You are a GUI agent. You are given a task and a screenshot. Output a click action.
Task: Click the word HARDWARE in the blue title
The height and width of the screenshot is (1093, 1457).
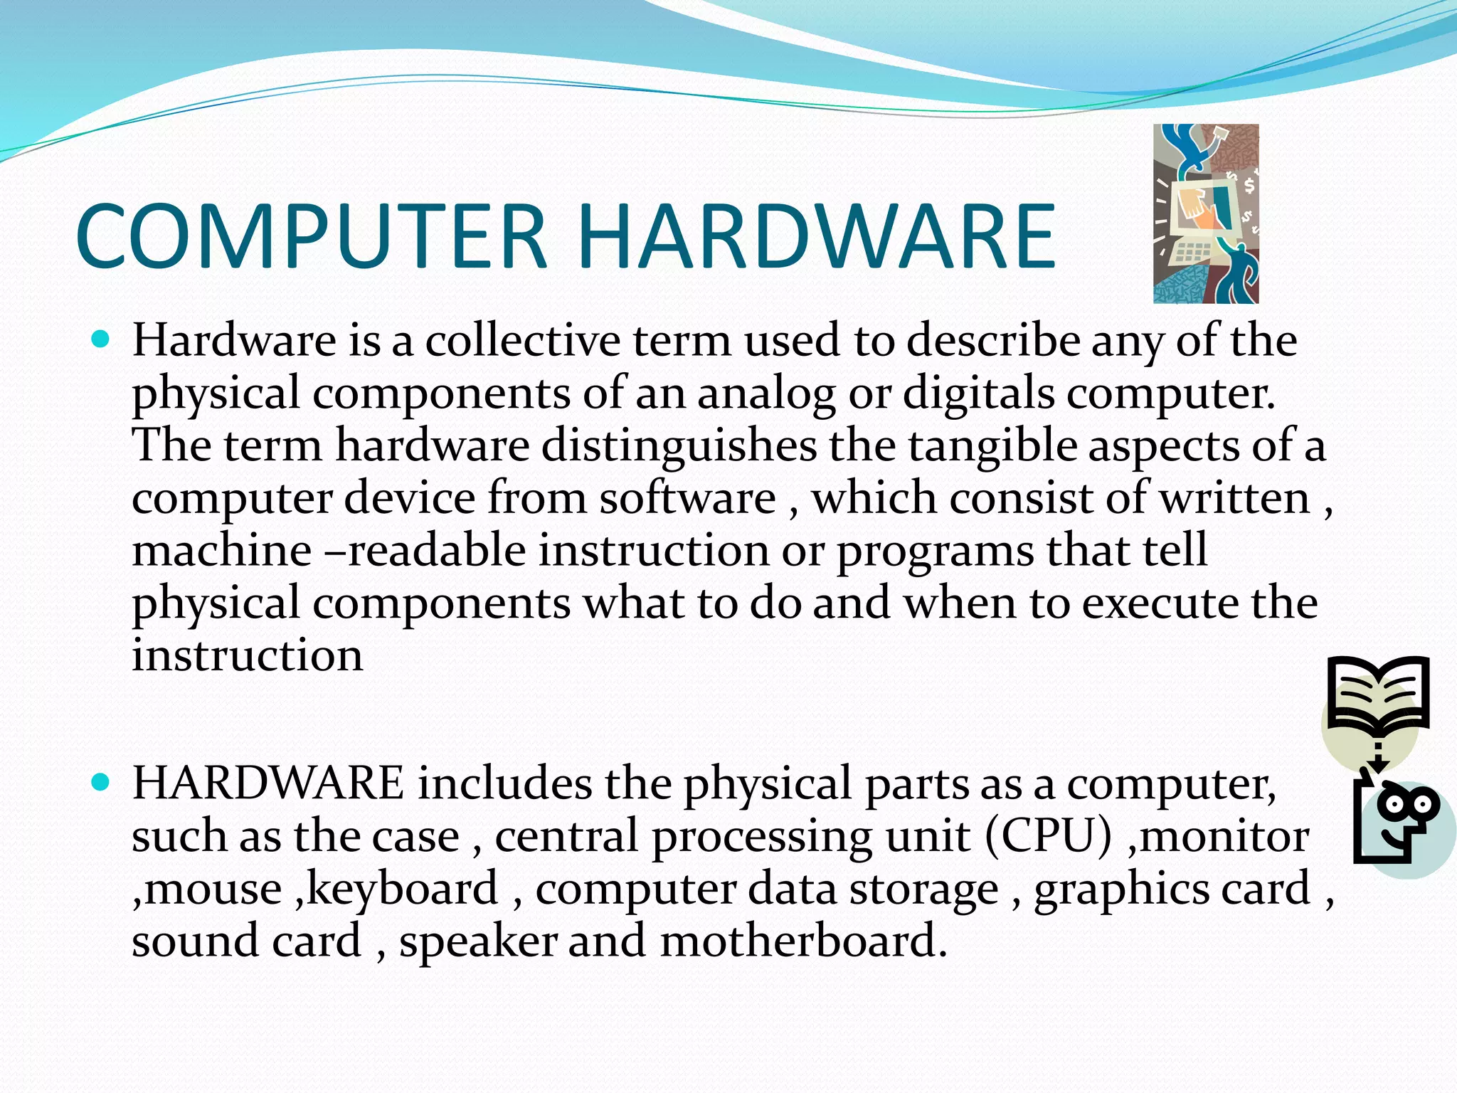tap(816, 236)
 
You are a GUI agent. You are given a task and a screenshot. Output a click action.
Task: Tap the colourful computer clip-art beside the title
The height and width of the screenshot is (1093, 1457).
tap(1205, 213)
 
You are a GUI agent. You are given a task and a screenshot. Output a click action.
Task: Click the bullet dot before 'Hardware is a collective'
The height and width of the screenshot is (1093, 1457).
tap(102, 339)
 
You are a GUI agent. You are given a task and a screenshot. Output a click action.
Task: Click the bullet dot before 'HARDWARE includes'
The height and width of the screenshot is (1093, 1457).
tap(102, 783)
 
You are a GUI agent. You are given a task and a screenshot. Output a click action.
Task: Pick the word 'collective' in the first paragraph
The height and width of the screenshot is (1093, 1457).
tap(523, 340)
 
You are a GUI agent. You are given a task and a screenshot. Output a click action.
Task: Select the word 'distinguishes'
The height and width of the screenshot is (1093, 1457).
tap(679, 445)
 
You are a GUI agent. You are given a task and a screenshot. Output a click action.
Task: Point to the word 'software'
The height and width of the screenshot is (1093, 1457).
tap(687, 498)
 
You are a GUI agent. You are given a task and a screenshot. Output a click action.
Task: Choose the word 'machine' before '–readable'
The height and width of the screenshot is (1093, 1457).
tap(221, 551)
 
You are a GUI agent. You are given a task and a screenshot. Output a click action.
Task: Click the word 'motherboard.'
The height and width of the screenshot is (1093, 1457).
tap(803, 941)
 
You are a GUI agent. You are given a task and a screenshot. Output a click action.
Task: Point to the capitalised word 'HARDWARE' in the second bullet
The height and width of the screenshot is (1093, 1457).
tap(268, 783)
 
